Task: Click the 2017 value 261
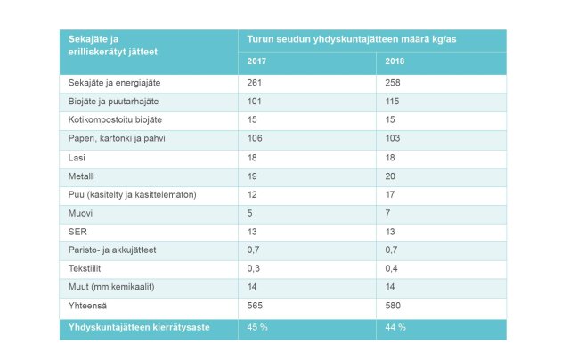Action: pyautogui.click(x=256, y=83)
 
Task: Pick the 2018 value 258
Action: pyautogui.click(x=395, y=83)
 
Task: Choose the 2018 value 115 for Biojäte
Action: pyautogui.click(x=393, y=101)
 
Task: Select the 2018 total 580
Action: pyautogui.click(x=395, y=307)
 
